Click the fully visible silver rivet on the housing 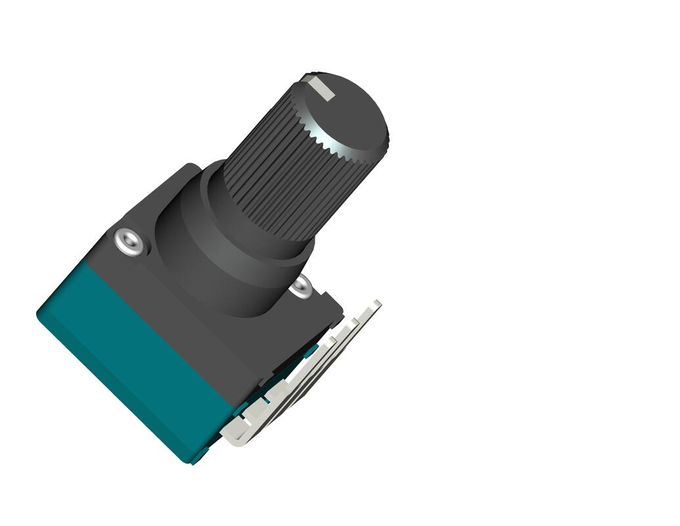129,241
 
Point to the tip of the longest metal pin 377,303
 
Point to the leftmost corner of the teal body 38,314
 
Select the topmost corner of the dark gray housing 191,164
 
